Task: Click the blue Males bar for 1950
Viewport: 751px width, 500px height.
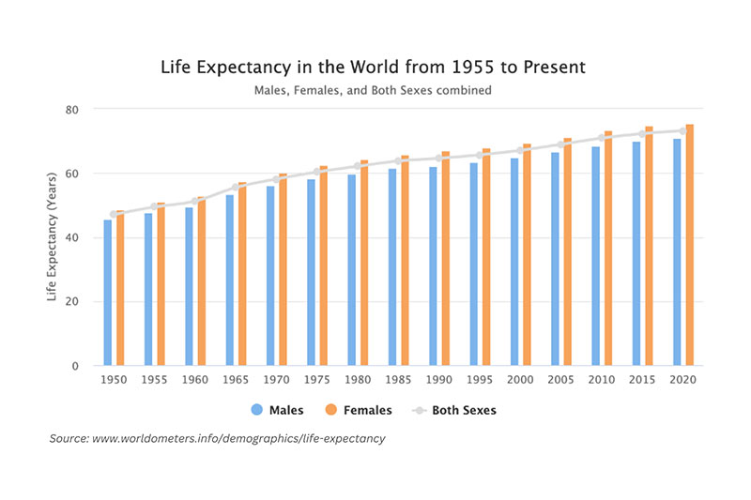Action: tap(108, 293)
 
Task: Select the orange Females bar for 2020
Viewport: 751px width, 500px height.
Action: tap(690, 245)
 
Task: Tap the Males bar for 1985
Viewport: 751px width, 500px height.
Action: tap(392, 267)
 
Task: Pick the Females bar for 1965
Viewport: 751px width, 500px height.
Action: tap(242, 274)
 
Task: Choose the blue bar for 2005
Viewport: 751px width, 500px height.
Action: tap(555, 259)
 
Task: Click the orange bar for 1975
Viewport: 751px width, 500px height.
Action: tap(324, 265)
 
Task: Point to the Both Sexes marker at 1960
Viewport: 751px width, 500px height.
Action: tap(195, 202)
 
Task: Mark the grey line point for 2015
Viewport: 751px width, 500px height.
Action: tap(642, 134)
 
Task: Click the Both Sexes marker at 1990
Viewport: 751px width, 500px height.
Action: tap(438, 158)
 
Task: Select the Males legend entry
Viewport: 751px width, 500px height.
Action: tap(277, 410)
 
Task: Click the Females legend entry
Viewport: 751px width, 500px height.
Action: tap(359, 410)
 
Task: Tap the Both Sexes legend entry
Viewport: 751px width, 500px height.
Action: tap(454, 410)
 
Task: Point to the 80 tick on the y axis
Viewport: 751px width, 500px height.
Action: tap(72, 110)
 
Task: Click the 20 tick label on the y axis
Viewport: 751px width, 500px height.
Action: tap(72, 301)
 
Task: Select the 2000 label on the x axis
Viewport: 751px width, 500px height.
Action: tap(520, 379)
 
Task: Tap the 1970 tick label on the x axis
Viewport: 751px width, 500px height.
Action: tap(276, 379)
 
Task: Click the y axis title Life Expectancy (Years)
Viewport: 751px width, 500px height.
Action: tap(52, 236)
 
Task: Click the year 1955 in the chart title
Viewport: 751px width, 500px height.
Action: tap(473, 67)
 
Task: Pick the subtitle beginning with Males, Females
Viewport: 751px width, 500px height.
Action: tap(373, 90)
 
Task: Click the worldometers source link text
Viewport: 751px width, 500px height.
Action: tap(238, 438)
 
